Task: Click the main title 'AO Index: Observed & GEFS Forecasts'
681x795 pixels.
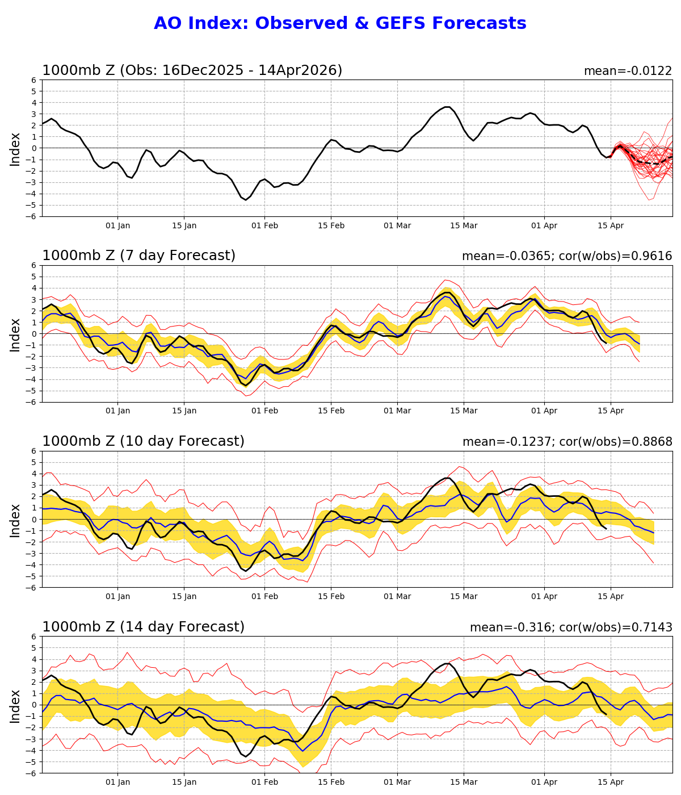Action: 340,23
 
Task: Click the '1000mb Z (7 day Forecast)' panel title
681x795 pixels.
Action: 138,256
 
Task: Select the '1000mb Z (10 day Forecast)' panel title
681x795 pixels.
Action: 143,441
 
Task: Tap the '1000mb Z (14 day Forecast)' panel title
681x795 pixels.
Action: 143,627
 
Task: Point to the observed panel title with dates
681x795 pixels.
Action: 192,70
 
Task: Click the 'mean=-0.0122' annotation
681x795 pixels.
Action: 628,72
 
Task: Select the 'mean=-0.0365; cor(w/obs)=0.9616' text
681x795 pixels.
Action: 567,257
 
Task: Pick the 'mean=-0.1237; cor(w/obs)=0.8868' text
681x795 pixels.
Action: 567,442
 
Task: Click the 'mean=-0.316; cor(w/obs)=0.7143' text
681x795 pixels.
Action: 571,627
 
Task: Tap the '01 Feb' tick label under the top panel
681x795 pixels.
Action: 264,225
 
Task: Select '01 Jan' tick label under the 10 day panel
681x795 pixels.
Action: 118,596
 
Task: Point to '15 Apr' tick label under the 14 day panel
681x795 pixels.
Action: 611,782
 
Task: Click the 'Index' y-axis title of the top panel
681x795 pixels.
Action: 15,148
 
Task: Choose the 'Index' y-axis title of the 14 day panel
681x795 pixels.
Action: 15,705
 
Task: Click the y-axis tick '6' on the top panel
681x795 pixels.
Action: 34,80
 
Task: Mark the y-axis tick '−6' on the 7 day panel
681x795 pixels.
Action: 32,402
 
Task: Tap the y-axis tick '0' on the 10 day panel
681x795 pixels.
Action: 34,519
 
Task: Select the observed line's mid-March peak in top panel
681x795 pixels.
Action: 447,107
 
